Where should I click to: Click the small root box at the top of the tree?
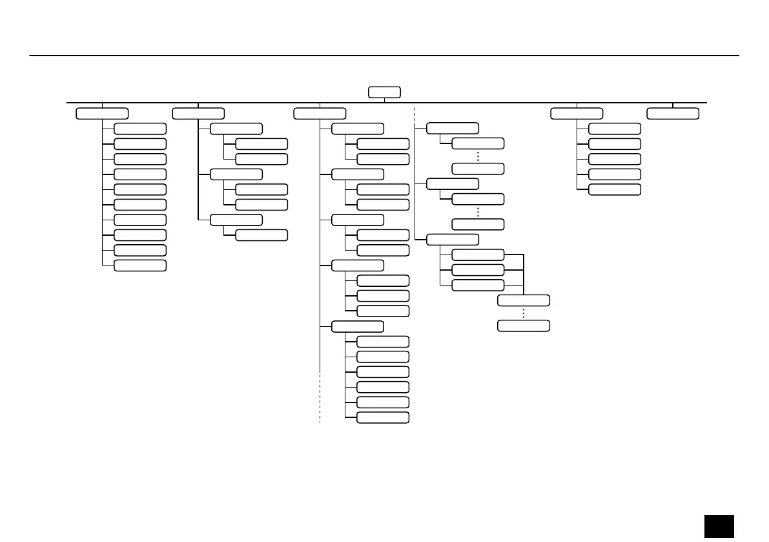point(384,92)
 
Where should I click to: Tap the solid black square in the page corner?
point(719,525)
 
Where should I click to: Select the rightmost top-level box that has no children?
point(673,114)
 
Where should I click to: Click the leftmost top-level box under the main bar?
point(102,114)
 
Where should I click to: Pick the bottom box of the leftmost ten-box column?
point(139,266)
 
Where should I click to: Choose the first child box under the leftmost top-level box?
point(139,129)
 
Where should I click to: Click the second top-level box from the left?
point(198,114)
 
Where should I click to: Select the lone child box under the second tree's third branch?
point(261,235)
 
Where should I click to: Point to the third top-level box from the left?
point(319,114)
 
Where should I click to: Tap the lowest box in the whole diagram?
point(383,417)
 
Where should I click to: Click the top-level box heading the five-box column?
point(577,114)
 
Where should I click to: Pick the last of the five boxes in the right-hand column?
point(615,189)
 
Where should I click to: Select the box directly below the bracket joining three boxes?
point(524,300)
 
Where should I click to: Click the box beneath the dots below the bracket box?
point(524,326)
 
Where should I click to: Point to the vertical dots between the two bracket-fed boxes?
point(524,313)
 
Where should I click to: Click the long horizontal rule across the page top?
point(384,56)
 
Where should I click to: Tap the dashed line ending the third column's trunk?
point(320,397)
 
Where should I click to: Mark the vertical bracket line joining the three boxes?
point(524,271)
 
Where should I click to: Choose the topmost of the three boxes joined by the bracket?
point(478,255)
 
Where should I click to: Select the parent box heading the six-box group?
point(358,326)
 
